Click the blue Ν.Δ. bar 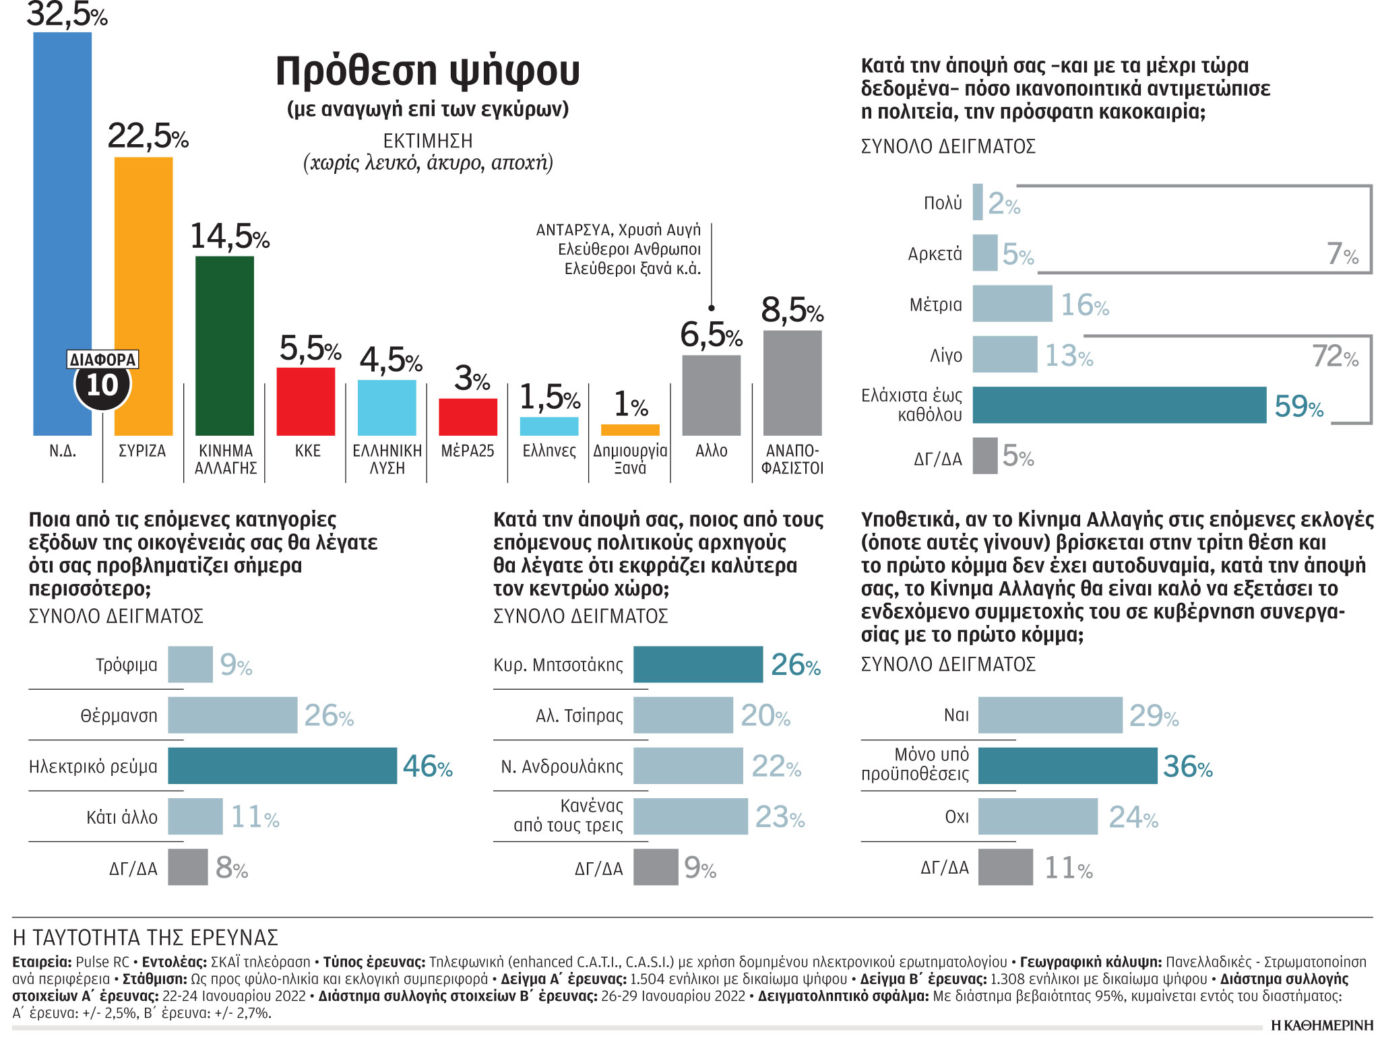pos(62,202)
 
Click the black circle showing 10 pos(102,385)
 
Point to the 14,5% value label pos(229,236)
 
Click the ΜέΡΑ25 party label pos(467,451)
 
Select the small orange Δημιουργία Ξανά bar pos(629,430)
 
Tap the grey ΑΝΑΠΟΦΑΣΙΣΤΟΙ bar pos(792,383)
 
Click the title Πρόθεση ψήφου pos(427,71)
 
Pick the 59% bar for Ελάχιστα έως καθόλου pos(1119,405)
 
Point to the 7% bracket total pos(1342,254)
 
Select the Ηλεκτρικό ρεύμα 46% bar pos(282,766)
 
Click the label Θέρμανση pos(119,715)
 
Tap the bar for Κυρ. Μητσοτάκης pos(697,664)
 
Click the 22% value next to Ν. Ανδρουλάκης pos(776,766)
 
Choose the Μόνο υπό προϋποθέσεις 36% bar pos(1067,766)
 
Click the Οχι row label pos(956,817)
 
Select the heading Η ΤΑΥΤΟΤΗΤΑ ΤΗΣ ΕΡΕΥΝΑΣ pos(146,938)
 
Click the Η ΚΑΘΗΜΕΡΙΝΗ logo pos(1321,1025)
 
